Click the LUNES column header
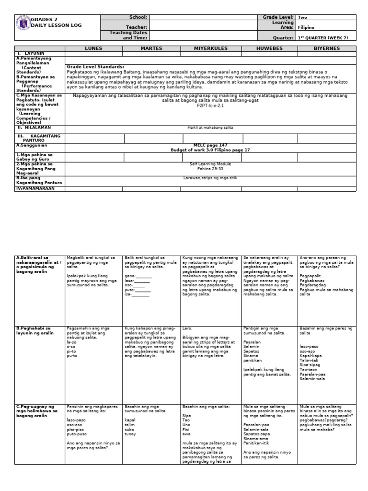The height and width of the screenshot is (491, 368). tap(94, 48)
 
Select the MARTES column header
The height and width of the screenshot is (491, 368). tap(151, 48)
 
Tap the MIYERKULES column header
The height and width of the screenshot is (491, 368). tap(210, 48)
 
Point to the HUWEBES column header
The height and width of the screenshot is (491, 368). tap(269, 48)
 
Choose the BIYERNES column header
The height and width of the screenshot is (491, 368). tap(327, 48)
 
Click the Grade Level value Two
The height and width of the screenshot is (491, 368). tap(303, 17)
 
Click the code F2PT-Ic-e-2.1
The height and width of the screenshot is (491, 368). tap(210, 105)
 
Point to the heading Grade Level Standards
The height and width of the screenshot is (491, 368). tap(95, 67)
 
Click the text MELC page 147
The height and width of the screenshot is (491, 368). tap(210, 145)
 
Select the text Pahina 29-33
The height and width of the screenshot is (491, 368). tap(210, 168)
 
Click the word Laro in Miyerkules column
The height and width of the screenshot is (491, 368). tap(187, 328)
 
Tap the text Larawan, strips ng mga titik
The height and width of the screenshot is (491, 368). tap(210, 178)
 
